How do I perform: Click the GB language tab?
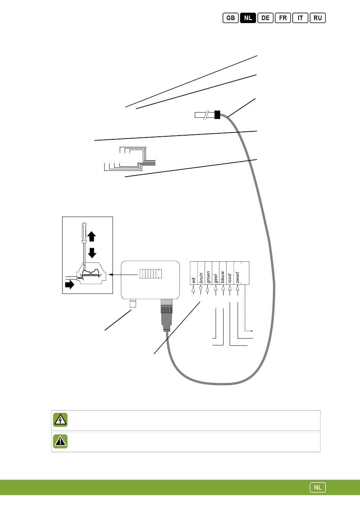[x=230, y=18]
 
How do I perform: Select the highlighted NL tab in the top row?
[x=248, y=18]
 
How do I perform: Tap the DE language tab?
[x=265, y=18]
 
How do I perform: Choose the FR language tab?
[x=283, y=18]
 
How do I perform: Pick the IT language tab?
[x=300, y=18]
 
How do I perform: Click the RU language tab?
[x=318, y=18]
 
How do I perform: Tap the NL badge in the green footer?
[x=318, y=487]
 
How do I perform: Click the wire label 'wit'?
[x=194, y=280]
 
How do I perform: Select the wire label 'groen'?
[x=208, y=277]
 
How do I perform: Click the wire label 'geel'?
[x=216, y=279]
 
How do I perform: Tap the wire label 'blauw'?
[x=223, y=277]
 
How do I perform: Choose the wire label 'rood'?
[x=230, y=279]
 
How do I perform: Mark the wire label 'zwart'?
[x=238, y=278]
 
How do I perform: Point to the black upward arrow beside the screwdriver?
[x=92, y=237]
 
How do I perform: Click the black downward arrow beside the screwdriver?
[x=92, y=253]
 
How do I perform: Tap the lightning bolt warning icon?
[x=60, y=420]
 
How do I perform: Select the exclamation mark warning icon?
[x=60, y=441]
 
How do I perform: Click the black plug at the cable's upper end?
[x=217, y=114]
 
